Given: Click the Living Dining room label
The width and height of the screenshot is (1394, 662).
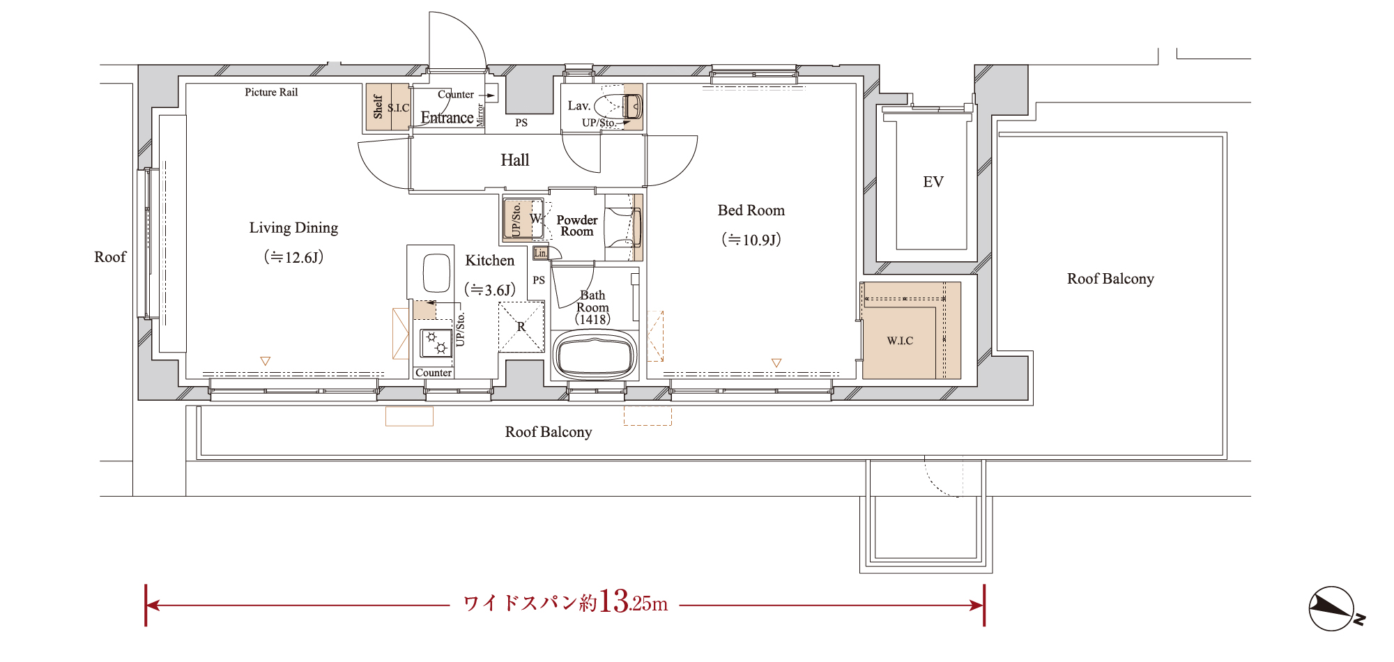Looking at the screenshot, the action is pyautogui.click(x=293, y=228).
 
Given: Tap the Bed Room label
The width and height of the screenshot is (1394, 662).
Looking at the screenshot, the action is pyautogui.click(x=751, y=210).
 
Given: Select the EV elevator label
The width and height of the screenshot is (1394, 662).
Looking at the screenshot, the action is pyautogui.click(x=933, y=182).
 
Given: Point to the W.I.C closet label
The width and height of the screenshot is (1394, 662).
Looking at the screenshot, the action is pyautogui.click(x=900, y=341).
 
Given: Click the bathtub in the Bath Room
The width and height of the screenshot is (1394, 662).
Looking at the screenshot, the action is pyautogui.click(x=595, y=355).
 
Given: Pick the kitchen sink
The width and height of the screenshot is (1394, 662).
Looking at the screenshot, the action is pyautogui.click(x=436, y=273).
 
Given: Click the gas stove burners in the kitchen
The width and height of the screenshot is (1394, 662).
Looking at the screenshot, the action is pyautogui.click(x=436, y=342).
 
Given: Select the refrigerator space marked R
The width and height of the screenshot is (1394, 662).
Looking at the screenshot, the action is pyautogui.click(x=521, y=327).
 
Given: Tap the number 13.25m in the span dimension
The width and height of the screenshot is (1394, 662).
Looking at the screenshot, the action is pyautogui.click(x=633, y=601).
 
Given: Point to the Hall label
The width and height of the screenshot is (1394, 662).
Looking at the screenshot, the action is pyautogui.click(x=515, y=160).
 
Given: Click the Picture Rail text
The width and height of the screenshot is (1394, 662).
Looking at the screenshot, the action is pyautogui.click(x=271, y=92).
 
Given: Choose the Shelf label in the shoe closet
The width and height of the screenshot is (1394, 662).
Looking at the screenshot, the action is pyautogui.click(x=378, y=107).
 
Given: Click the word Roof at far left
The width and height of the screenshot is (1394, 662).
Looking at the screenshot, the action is pyautogui.click(x=110, y=257).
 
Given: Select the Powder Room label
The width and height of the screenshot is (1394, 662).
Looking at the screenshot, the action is pyautogui.click(x=577, y=226).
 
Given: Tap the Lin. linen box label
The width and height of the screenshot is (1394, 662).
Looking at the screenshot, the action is pyautogui.click(x=541, y=253).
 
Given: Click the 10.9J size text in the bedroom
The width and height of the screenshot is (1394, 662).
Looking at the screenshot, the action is pyautogui.click(x=751, y=240).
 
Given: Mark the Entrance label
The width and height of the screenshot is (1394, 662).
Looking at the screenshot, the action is pyautogui.click(x=447, y=118).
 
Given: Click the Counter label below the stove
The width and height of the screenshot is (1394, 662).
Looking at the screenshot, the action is pyautogui.click(x=434, y=373).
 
